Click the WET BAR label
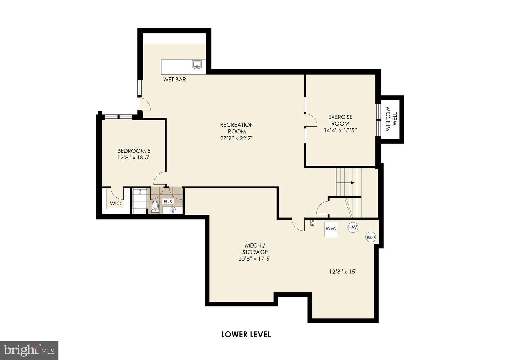174,80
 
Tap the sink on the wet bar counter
197,64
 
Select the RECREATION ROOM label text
236,128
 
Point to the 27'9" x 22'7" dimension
236,138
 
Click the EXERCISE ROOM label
340,120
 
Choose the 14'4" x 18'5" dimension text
340,130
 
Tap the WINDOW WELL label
391,119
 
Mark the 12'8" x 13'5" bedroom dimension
134,158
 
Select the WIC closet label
115,204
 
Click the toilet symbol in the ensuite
154,206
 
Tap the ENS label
168,202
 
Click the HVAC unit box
331,229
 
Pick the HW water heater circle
352,227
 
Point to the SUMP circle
370,238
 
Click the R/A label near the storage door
313,223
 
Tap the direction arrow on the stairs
352,183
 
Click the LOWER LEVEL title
246,334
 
